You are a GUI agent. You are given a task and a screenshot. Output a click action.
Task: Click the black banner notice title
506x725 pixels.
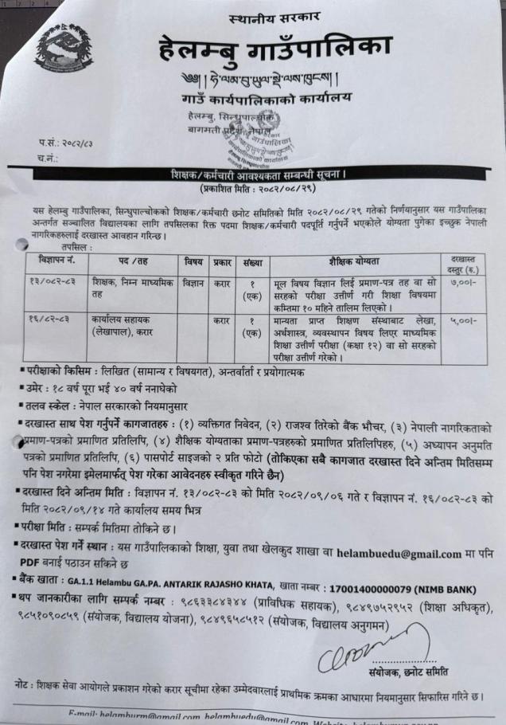point(265,174)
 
